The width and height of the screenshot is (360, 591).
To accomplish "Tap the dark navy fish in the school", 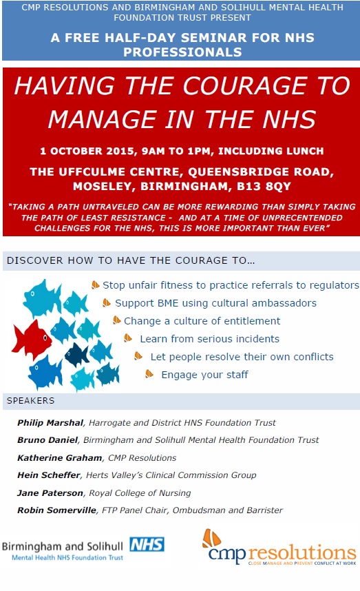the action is coord(77,354).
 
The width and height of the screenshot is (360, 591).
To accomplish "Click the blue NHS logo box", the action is coord(147,545).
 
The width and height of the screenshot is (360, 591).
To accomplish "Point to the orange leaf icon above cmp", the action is coord(211,539).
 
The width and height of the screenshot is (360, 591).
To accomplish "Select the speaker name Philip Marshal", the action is coord(50,422).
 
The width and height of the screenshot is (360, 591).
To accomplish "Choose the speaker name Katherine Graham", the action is coord(59,458).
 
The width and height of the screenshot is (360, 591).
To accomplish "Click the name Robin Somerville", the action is coord(56,510).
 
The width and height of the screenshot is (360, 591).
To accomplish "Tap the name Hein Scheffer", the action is coord(49,475).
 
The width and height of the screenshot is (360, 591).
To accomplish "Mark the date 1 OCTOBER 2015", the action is coord(87,151).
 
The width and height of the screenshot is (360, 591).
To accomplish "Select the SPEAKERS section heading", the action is coord(30,401).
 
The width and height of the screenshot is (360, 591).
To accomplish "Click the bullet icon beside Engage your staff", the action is coord(149,374).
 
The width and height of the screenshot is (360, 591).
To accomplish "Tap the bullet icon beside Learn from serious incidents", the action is coord(128,338).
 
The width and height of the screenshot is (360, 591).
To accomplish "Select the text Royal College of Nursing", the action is coord(140,493).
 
